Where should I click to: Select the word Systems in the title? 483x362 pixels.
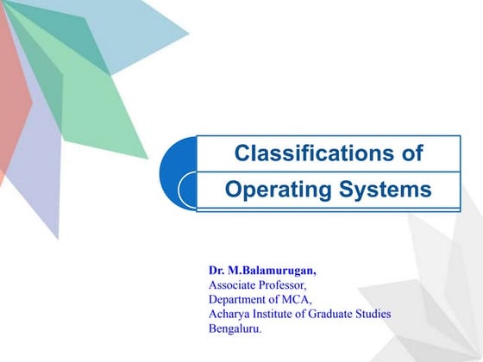point(385,190)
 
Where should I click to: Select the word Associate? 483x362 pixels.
point(234,285)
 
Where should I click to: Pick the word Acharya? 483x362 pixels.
point(230,314)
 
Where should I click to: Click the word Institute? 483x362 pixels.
point(280,314)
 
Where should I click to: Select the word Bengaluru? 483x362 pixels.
point(235,328)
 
